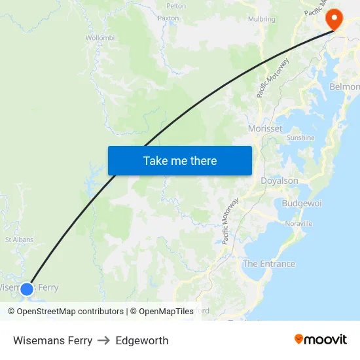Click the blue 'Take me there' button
pyautogui.click(x=180, y=160)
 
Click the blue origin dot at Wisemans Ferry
pyautogui.click(x=27, y=289)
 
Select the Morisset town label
pyautogui.click(x=265, y=129)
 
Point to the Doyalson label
pyautogui.click(x=279, y=181)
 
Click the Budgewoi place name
pyautogui.click(x=302, y=204)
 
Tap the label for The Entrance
pyautogui.click(x=268, y=264)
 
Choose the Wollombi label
pyautogui.click(x=100, y=38)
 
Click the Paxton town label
pyautogui.click(x=168, y=18)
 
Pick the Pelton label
pyautogui.click(x=176, y=5)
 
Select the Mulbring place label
pyautogui.click(x=262, y=19)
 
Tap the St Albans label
pyautogui.click(x=19, y=240)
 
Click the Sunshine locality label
pyautogui.click(x=300, y=138)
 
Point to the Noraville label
pyautogui.click(x=299, y=224)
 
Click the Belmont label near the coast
pyautogui.click(x=345, y=87)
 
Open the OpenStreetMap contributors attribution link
pyautogui.click(x=70, y=312)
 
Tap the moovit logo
pyautogui.click(x=320, y=339)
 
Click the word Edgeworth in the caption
pyautogui.click(x=142, y=340)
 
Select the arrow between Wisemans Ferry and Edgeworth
pyautogui.click(x=104, y=340)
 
